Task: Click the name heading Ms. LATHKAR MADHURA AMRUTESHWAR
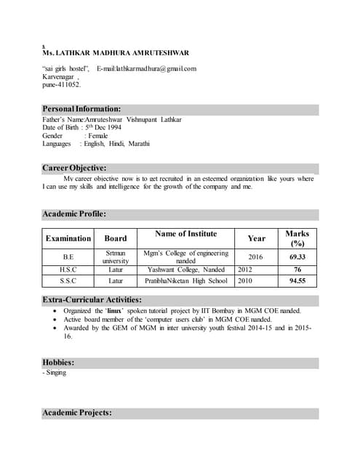point(116,53)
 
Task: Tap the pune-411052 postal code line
point(62,84)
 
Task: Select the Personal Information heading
point(81,109)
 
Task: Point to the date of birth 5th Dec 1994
point(104,127)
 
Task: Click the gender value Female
point(97,135)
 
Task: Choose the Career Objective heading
point(75,168)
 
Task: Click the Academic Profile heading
point(75,214)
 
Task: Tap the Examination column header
point(68,238)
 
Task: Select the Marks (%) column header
point(297,238)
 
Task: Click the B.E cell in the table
point(68,257)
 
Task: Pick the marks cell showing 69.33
point(297,257)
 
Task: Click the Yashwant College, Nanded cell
point(185,270)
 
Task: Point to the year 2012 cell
point(245,270)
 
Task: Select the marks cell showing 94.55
point(297,280)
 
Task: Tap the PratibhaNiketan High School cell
point(185,280)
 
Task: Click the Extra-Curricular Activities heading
point(92,299)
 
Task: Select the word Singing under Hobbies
point(56,373)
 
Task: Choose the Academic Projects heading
point(77,413)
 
